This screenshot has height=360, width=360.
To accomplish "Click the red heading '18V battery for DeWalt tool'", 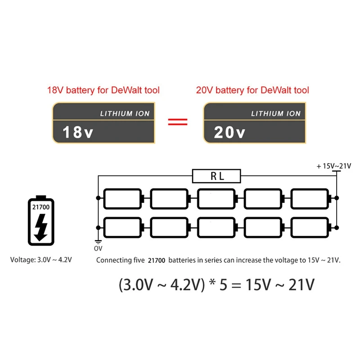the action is [103, 90].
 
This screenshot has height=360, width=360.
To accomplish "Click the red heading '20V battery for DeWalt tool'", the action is [252, 90].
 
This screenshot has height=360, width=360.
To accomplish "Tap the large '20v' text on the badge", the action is [229, 132].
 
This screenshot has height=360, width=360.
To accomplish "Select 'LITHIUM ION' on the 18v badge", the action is [125, 113].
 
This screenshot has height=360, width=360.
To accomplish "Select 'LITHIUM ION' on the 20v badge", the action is [275, 113].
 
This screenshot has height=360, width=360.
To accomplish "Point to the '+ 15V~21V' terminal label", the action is [333, 166].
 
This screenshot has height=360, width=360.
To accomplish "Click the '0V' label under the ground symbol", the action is [98, 248].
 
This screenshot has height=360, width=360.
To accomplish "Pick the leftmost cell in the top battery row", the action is [123, 198].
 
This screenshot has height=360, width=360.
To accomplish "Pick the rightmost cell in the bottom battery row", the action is [310, 227].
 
